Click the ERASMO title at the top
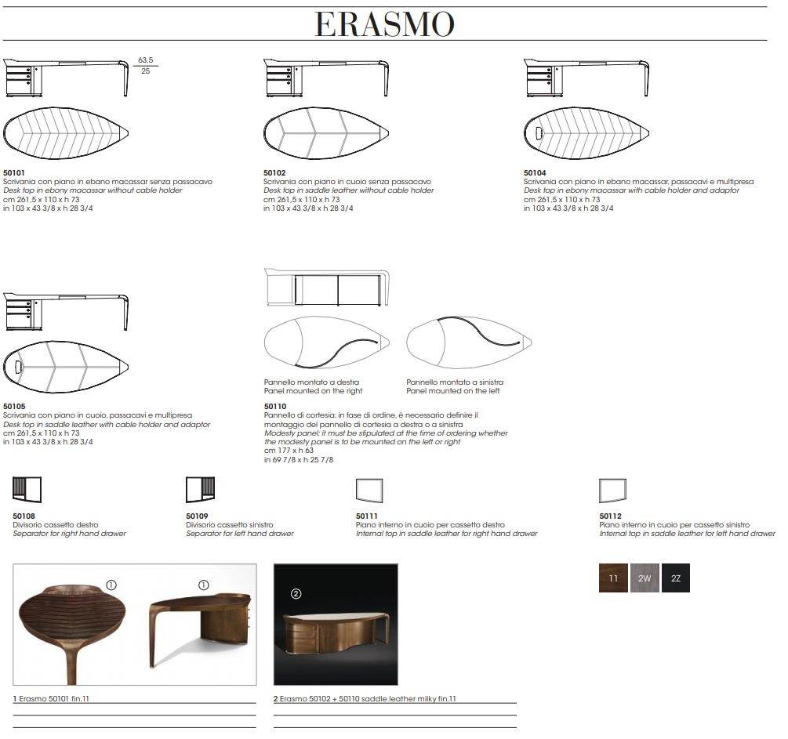point(384,24)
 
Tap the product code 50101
point(14,173)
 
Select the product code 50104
point(535,173)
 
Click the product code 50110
point(275,407)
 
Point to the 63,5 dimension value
point(146,60)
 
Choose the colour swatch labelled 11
point(613,578)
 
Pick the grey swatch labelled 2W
point(645,578)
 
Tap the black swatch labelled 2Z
point(675,578)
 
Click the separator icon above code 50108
point(27,490)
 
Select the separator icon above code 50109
point(200,490)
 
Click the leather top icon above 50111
point(369,491)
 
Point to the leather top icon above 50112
point(612,491)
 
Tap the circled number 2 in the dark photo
point(296,594)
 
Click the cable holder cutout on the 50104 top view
point(539,133)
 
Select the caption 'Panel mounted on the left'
point(452,391)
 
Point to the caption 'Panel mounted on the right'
point(313,391)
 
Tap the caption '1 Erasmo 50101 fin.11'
point(51,698)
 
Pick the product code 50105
point(14,407)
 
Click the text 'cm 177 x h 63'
point(289,450)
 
